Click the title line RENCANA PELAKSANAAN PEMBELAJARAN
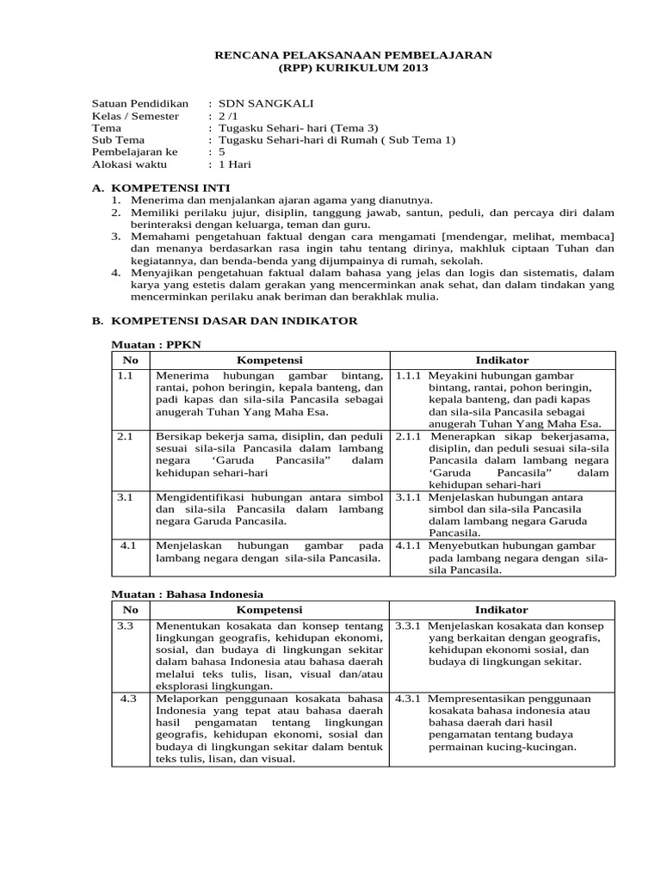(x=352, y=54)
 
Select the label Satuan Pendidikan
(x=139, y=103)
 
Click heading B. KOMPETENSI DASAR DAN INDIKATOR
(x=225, y=321)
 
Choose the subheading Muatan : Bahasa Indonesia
(x=189, y=595)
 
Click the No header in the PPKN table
(x=130, y=360)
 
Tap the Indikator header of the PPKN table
(x=502, y=360)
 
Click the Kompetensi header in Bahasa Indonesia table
(x=269, y=609)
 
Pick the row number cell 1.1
(x=127, y=376)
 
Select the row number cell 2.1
(x=127, y=437)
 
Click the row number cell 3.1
(x=127, y=497)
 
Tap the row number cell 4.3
(x=129, y=699)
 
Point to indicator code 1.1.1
(x=409, y=376)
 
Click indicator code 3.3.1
(x=409, y=625)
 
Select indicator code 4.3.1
(x=409, y=699)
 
